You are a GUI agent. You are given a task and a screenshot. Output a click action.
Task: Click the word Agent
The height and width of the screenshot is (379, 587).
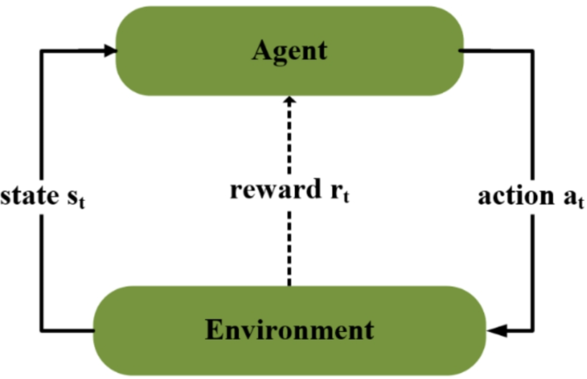290,50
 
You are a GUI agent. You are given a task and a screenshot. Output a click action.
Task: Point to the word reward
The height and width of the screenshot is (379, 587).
267,190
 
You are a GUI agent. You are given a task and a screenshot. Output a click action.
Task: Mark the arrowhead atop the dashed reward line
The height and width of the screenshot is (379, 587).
291,99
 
